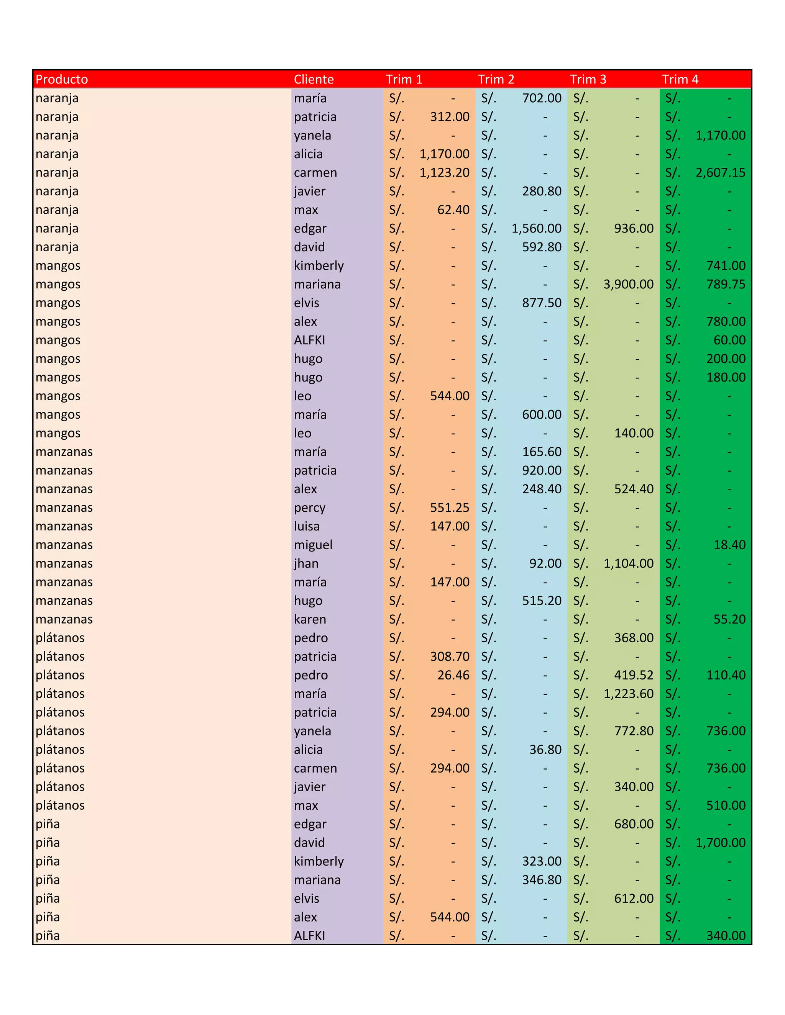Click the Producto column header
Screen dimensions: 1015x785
(x=62, y=79)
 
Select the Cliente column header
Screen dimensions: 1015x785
(x=314, y=79)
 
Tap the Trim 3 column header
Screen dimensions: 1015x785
(x=588, y=79)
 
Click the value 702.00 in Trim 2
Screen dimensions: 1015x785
(x=541, y=98)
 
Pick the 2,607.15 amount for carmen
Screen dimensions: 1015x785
(x=720, y=172)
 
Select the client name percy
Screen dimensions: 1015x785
(x=309, y=508)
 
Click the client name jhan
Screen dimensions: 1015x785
(x=306, y=563)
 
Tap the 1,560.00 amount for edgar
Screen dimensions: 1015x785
(x=536, y=228)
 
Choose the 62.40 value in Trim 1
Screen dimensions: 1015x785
(x=453, y=210)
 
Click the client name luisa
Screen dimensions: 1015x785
(x=307, y=526)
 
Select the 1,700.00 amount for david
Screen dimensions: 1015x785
(x=720, y=843)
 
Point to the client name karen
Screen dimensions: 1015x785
(x=310, y=619)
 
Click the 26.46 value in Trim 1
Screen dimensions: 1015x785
(x=453, y=675)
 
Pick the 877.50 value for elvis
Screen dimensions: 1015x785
(x=541, y=303)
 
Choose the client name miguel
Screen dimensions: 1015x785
(x=313, y=545)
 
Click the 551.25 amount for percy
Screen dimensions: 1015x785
(x=449, y=508)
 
